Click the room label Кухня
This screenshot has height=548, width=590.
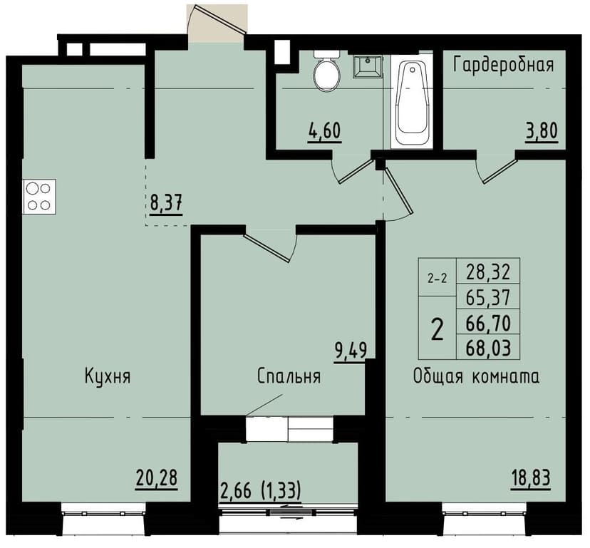(x=107, y=376)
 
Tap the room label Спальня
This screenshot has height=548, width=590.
(x=289, y=376)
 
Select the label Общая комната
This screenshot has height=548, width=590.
(x=476, y=376)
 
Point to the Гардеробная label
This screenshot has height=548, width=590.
(x=504, y=66)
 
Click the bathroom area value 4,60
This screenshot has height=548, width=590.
(x=325, y=132)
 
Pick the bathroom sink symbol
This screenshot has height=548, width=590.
(x=368, y=66)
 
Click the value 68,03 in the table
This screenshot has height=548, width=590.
(x=492, y=349)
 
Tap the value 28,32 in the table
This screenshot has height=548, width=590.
(x=492, y=272)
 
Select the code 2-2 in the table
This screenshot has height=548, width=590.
(x=437, y=279)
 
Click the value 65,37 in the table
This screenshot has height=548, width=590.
(x=492, y=297)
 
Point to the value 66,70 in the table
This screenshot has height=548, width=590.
(x=492, y=323)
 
